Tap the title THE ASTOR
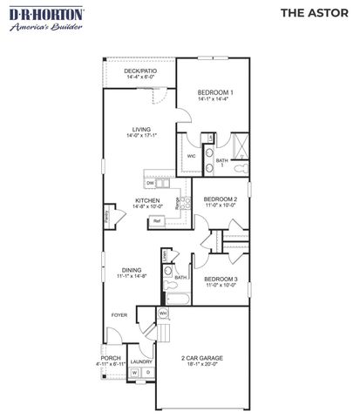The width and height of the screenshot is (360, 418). (311, 15)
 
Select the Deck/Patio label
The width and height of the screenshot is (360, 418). (139, 74)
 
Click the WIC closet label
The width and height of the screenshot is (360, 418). (192, 156)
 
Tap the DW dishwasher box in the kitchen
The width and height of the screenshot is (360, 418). (151, 183)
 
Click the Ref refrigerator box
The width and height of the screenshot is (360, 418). (158, 221)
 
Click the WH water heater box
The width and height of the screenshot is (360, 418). (163, 313)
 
